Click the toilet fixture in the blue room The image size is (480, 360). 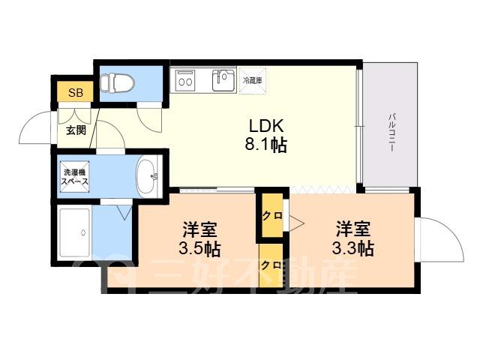click(x=117, y=82)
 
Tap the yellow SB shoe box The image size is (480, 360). click(x=75, y=91)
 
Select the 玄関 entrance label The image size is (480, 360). click(x=76, y=130)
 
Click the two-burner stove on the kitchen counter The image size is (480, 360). click(x=185, y=80)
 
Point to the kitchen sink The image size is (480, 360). click(x=223, y=80)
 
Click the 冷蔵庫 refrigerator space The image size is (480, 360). click(x=252, y=81)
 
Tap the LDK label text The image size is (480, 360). click(x=265, y=125)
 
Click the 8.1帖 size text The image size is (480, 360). click(x=265, y=145)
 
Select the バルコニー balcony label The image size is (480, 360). click(x=391, y=133)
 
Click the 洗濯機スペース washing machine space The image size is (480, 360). click(x=75, y=177)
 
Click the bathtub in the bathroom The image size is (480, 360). click(x=75, y=233)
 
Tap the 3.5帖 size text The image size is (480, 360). click(x=199, y=249)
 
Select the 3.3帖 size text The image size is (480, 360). click(x=353, y=248)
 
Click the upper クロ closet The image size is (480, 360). click(x=272, y=215)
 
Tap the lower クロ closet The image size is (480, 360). click(x=271, y=265)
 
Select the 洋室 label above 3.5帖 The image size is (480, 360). click(x=200, y=229)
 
